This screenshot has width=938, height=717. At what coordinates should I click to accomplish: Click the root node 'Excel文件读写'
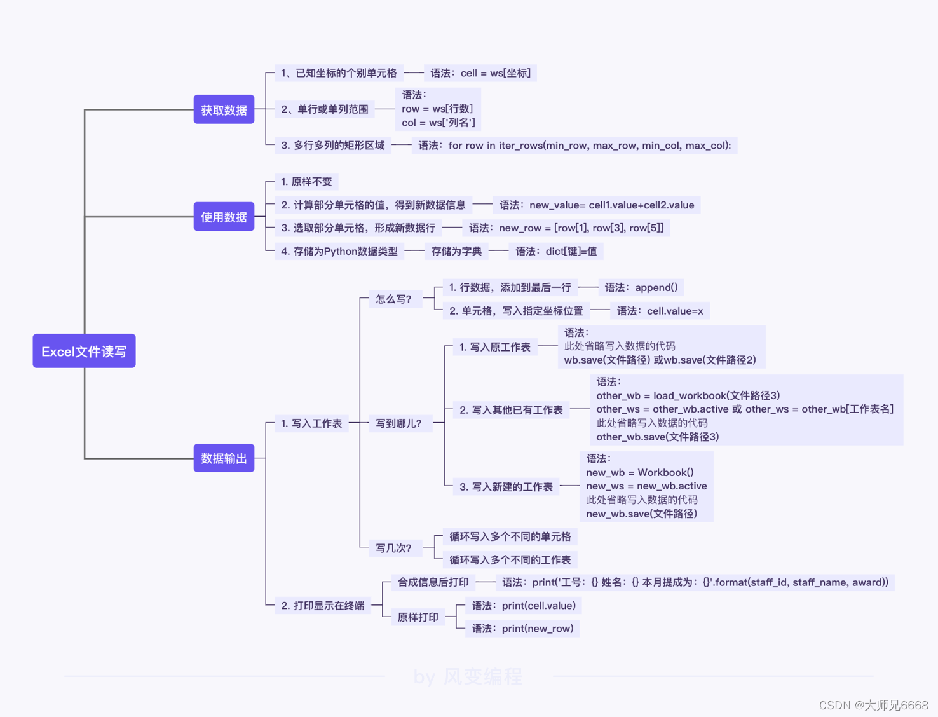point(84,351)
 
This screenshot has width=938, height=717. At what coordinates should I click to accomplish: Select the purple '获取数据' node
point(224,109)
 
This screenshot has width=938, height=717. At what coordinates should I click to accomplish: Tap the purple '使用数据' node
point(224,217)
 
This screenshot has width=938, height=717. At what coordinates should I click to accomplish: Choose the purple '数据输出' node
point(224,458)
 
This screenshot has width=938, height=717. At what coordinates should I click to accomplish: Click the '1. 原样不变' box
point(306,182)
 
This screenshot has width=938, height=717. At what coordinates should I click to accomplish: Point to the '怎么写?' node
point(393,299)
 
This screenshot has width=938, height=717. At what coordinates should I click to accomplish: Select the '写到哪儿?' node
point(398,423)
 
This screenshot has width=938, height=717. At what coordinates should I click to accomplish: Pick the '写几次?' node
point(393,548)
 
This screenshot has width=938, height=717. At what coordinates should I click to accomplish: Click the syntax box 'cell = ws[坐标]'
point(480,73)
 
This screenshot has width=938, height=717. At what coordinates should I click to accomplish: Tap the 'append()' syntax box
point(641,287)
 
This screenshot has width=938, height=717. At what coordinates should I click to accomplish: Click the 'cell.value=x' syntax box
point(660,311)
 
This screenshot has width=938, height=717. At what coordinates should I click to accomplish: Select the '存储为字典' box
point(456,251)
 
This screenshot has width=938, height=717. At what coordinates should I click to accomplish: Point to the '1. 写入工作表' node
point(311,423)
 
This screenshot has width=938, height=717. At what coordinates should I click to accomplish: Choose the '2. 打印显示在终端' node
point(323,606)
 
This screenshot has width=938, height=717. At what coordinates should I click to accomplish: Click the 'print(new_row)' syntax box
point(522,629)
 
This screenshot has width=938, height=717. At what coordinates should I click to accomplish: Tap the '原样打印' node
point(418,617)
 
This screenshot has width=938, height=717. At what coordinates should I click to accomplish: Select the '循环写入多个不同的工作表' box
point(510,560)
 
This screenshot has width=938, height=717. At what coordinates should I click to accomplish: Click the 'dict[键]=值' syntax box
point(556,251)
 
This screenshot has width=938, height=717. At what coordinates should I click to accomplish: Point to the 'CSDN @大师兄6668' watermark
point(874,705)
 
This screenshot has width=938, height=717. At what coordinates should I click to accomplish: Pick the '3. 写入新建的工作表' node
point(506,487)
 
